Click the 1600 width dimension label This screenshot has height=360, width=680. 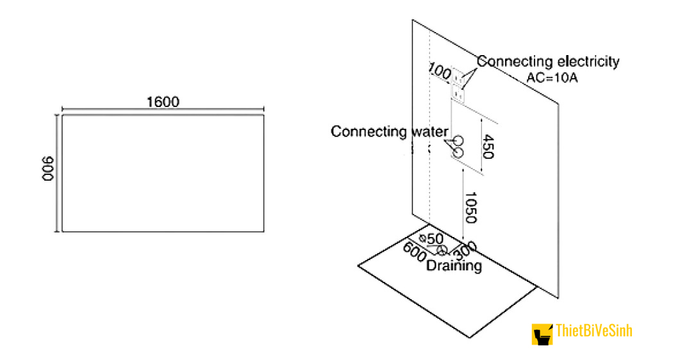click(x=163, y=102)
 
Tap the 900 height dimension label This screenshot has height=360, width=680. click(x=47, y=169)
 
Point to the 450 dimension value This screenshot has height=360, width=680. click(x=488, y=147)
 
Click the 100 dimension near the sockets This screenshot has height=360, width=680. click(x=439, y=72)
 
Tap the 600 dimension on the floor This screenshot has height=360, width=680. click(x=415, y=252)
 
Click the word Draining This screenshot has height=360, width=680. click(x=454, y=265)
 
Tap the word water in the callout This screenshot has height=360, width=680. click(x=429, y=132)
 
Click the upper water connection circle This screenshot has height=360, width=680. click(x=459, y=141)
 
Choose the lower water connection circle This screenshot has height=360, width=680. click(x=458, y=153)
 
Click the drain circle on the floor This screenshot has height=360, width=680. click(x=441, y=250)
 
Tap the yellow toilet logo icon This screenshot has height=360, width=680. click(x=542, y=334)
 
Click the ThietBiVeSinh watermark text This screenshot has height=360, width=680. click(x=594, y=331)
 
